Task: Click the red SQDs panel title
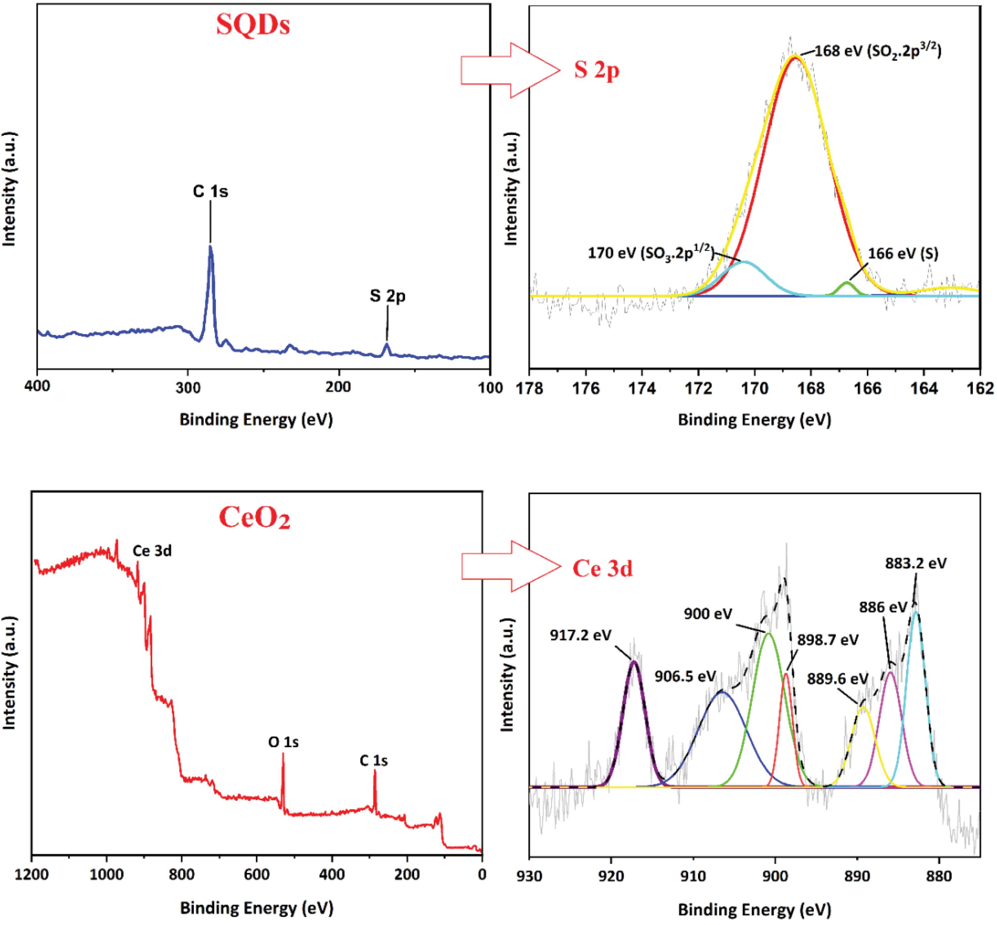click(253, 25)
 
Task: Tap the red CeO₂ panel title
click(255, 518)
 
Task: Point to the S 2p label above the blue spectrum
click(388, 296)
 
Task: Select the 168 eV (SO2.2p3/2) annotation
click(878, 51)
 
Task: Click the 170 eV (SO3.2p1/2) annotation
click(651, 253)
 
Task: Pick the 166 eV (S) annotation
click(903, 253)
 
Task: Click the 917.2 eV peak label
click(580, 635)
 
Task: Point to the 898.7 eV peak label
click(828, 640)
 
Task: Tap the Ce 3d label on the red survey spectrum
click(152, 551)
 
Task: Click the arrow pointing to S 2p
click(510, 70)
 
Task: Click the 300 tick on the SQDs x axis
click(188, 387)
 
